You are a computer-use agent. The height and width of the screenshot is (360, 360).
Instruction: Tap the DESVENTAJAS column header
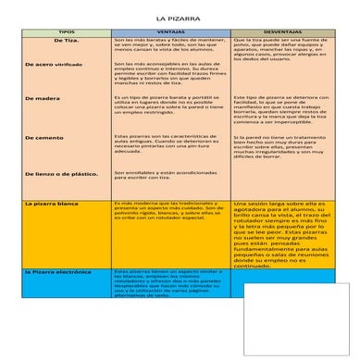pos(283,31)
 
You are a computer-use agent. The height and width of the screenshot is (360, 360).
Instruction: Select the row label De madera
pos(42,97)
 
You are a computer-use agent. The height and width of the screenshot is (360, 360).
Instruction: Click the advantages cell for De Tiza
pos(170,46)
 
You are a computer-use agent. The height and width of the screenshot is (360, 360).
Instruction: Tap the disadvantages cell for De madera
pos(281,108)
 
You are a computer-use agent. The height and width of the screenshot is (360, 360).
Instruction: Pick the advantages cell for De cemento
pos(170,143)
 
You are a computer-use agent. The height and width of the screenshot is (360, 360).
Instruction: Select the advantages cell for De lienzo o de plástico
pos(170,174)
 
